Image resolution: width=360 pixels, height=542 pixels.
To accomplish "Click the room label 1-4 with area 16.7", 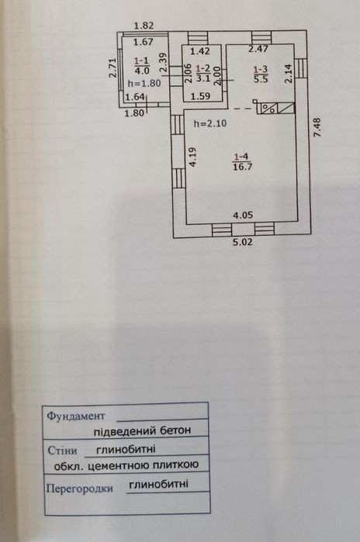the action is point(243,162).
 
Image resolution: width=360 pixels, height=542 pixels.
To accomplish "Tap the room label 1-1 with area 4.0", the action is point(142,66).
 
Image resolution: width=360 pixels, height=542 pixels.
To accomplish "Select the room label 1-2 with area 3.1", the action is point(203,73).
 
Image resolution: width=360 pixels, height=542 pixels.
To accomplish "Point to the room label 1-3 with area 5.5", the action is point(261,74).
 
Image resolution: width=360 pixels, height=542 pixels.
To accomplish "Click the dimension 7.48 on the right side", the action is point(317,127).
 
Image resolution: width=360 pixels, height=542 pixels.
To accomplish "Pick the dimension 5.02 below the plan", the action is point(242,242).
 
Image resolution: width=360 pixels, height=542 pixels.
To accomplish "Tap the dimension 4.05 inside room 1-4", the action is point(243,216).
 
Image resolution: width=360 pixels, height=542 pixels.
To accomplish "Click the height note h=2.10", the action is point(210,123).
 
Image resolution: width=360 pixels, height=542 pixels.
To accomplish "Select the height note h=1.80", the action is point(144,83).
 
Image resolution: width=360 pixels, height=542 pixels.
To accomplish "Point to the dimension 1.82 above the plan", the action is point(144,26).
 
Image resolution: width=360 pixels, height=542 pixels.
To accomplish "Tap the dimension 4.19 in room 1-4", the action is point(193,157).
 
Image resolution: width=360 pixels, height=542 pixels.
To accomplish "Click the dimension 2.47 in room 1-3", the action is point(258,49).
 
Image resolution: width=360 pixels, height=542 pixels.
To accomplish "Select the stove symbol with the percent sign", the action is point(269,108).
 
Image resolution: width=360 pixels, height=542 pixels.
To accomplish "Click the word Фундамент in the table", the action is point(76,416).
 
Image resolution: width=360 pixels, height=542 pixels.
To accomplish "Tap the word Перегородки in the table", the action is point(80,488).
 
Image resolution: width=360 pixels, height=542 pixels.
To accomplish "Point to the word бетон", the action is point(175,430).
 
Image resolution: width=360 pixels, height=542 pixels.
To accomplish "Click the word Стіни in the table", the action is point(62,451).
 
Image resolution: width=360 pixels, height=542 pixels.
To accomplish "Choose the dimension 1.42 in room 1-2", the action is point(200,51).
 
